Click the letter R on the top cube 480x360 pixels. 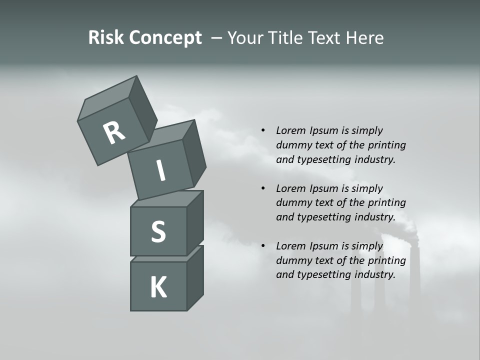coord(114,133)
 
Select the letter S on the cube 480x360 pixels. coord(158,232)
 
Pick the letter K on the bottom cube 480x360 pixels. coord(158,287)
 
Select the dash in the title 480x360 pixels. coord(217,38)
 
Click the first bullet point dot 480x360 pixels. coord(263,130)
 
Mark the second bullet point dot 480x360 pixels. coord(263,188)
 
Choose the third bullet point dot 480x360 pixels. coord(263,246)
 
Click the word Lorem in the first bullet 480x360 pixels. coord(290,130)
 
